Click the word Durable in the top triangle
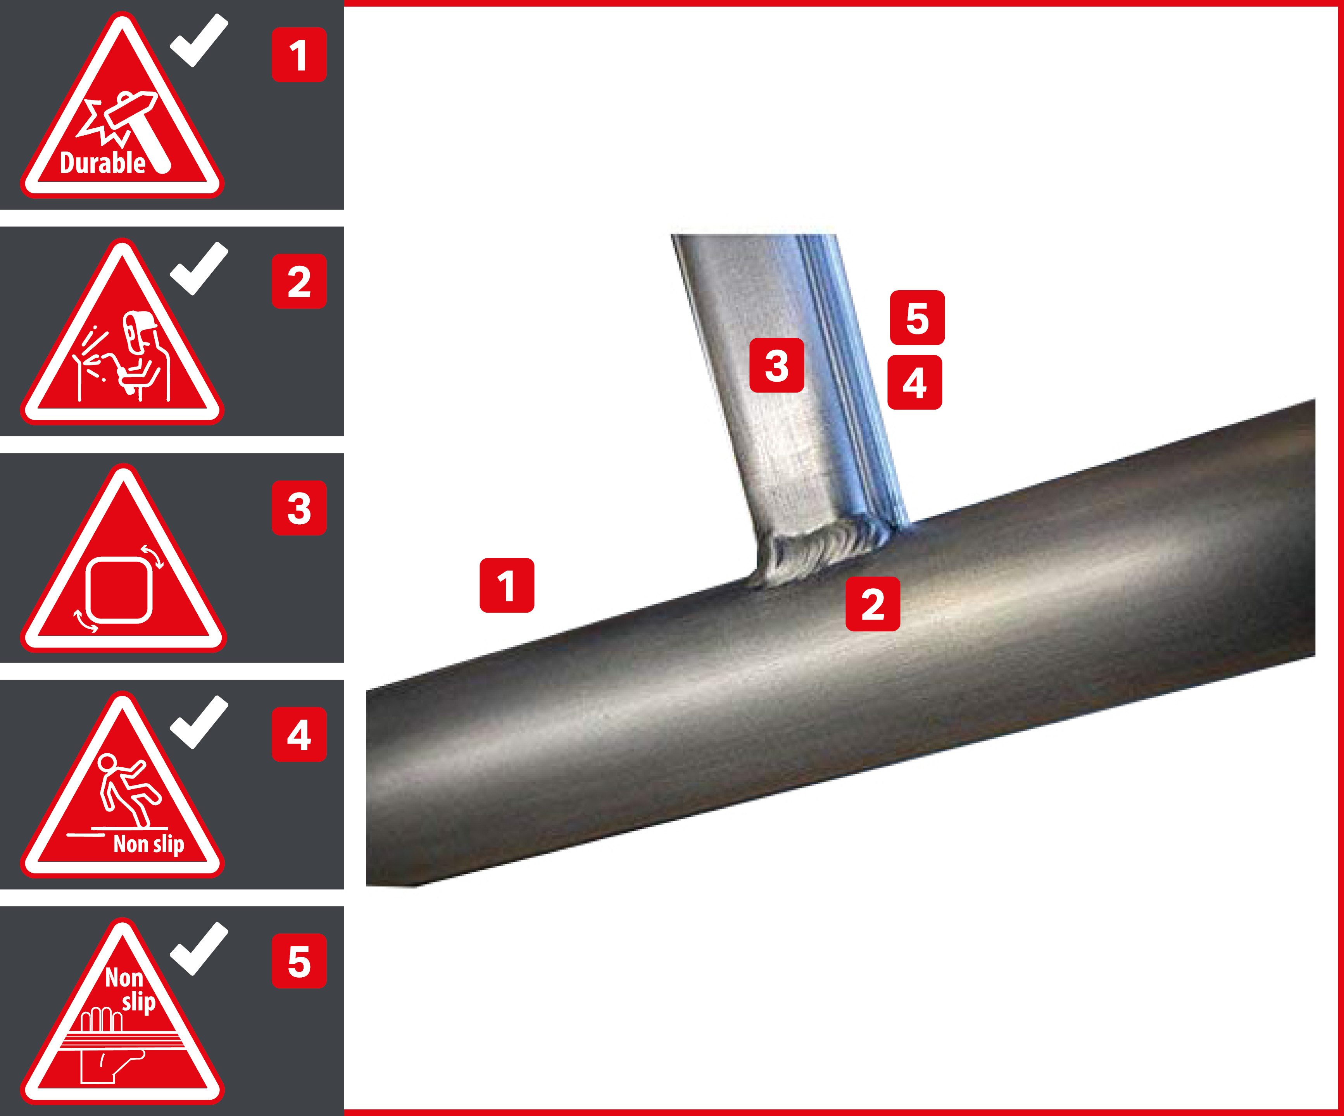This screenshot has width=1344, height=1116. tap(102, 163)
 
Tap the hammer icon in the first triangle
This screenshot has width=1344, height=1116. tap(138, 128)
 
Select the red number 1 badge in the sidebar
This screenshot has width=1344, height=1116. tap(299, 55)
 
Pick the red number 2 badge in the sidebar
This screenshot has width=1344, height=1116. tap(299, 282)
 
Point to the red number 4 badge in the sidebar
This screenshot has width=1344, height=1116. tap(299, 735)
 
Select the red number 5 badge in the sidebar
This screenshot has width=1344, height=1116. tap(299, 961)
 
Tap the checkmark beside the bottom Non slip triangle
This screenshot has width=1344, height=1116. tap(198, 948)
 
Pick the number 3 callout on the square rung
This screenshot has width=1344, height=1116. tap(776, 365)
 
